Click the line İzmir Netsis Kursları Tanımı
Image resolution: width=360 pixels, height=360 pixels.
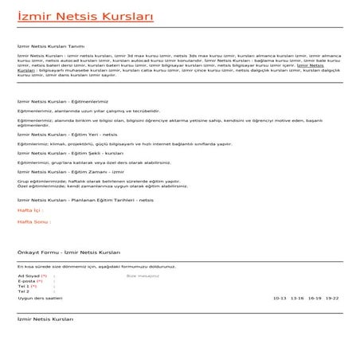(50, 47)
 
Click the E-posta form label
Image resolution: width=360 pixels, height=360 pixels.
(28, 280)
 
